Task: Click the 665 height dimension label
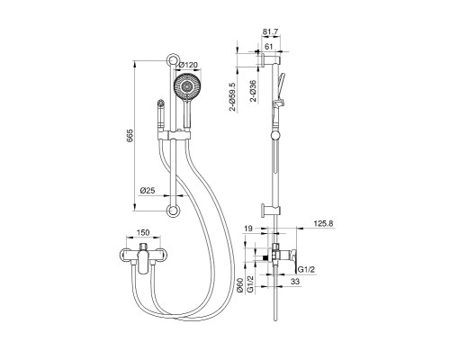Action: [x=130, y=136]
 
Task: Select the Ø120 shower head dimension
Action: [x=188, y=65]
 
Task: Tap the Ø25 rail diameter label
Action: [x=148, y=190]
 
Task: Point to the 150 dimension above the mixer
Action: [x=143, y=232]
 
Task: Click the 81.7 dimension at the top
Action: [x=271, y=31]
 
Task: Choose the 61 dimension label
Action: [x=269, y=47]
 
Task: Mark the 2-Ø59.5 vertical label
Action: [x=233, y=96]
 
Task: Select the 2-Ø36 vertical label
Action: [x=254, y=91]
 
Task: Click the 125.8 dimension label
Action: [x=323, y=223]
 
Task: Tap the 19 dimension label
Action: [x=248, y=229]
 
